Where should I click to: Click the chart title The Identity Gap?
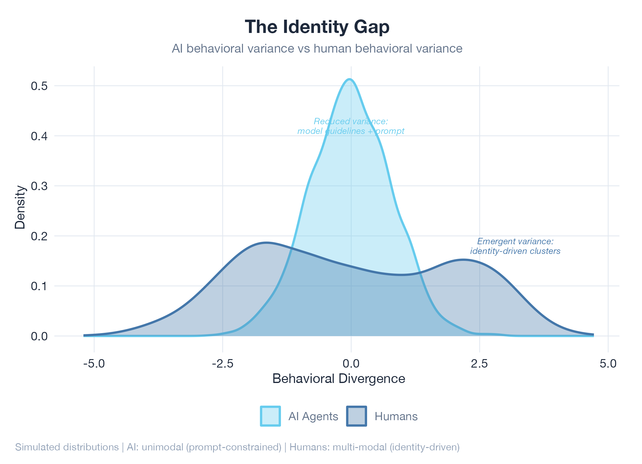(317, 27)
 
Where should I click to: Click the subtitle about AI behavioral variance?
(317, 49)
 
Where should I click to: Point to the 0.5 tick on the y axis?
(39, 86)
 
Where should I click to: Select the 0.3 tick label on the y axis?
(39, 186)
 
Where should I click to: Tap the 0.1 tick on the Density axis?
(39, 286)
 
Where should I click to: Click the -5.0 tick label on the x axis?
(94, 363)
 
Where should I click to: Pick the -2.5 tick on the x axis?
(223, 363)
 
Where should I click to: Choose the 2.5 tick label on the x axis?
(479, 363)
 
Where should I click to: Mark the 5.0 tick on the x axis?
(608, 363)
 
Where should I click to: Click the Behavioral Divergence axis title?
(339, 379)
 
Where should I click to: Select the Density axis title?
(20, 207)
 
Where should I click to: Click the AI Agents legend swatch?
(270, 416)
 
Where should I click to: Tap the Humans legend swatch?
(356, 416)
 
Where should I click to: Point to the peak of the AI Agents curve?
(350, 79)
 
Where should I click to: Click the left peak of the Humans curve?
(266, 242)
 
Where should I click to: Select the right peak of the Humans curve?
(463, 259)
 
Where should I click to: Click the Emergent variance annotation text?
(515, 246)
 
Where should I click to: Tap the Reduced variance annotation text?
(351, 126)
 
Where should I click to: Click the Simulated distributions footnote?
(237, 447)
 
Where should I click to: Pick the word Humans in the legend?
(396, 417)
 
